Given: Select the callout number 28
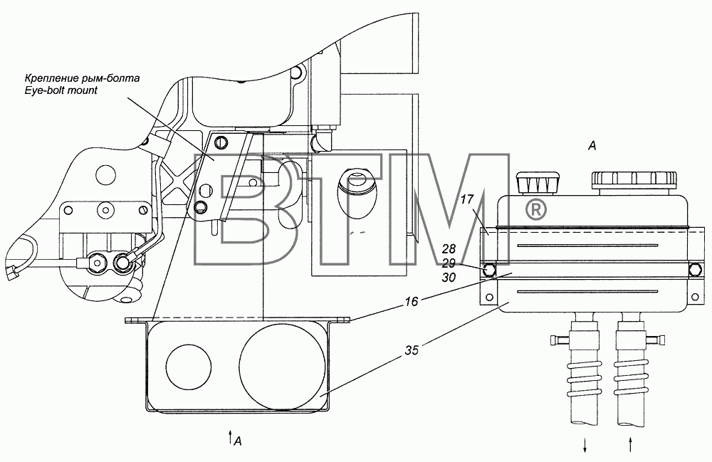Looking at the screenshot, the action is click(449, 249).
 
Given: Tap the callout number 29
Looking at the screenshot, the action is click(449, 263).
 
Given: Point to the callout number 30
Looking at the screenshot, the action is click(449, 278).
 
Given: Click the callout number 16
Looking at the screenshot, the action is click(412, 301).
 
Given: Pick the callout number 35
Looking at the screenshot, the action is click(412, 350).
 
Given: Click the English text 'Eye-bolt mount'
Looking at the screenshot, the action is click(61, 90).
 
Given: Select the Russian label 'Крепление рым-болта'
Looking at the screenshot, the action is click(82, 78).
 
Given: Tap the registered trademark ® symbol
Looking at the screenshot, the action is click(536, 209).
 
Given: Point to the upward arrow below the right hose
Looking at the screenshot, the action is click(630, 445).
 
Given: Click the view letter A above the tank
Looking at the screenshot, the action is click(592, 146).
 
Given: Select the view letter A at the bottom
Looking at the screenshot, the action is click(239, 440).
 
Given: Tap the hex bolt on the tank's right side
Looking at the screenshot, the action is click(695, 269).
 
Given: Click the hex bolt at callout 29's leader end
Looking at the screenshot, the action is click(489, 269).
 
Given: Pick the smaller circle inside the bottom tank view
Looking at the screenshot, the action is click(189, 366).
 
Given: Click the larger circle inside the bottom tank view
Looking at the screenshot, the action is click(282, 366).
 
